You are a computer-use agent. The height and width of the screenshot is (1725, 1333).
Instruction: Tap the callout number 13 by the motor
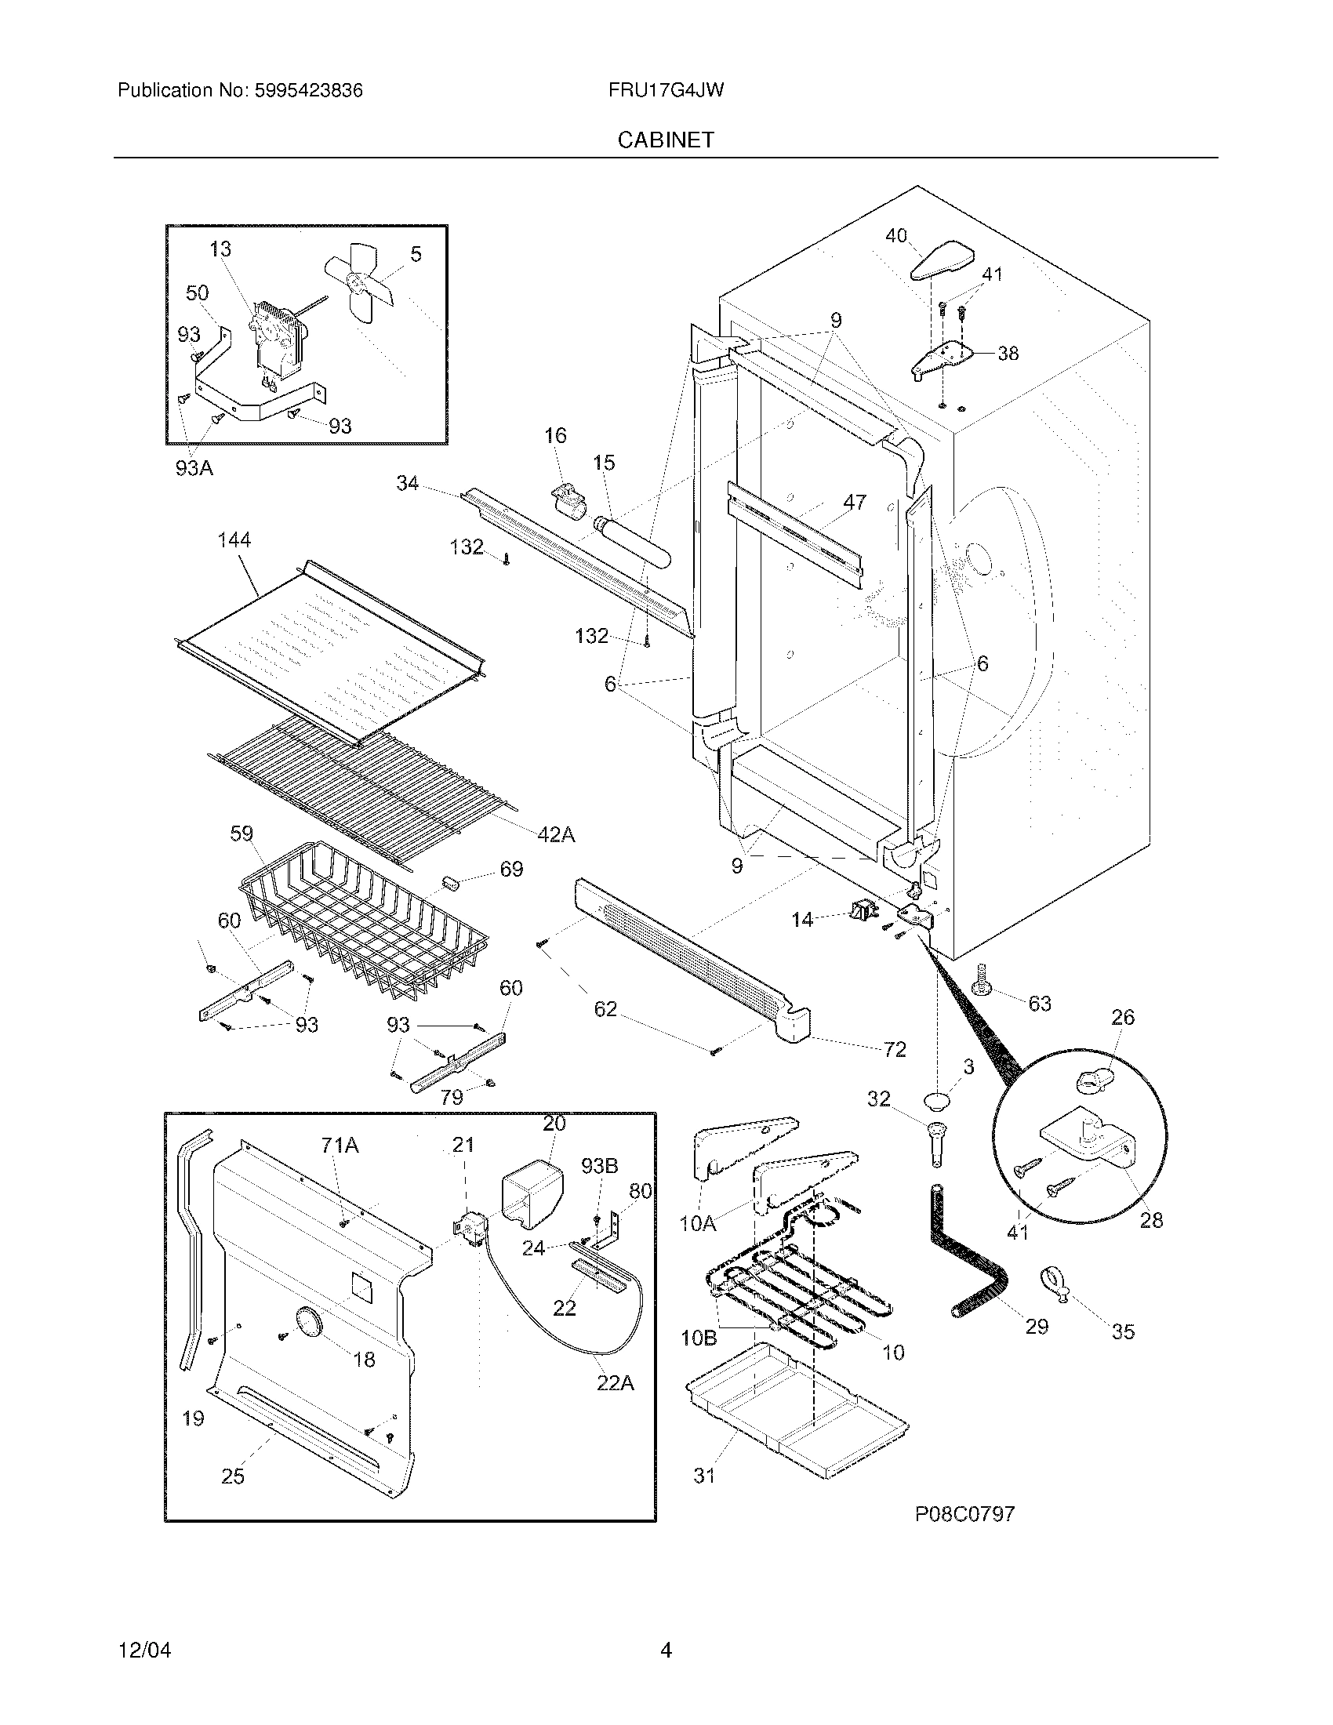[220, 249]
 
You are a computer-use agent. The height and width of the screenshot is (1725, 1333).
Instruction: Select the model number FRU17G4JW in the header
[666, 90]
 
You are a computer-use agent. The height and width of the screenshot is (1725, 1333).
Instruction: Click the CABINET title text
[666, 140]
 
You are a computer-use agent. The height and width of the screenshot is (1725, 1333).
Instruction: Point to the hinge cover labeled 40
[943, 261]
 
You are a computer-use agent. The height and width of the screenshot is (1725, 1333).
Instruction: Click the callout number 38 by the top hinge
[1008, 353]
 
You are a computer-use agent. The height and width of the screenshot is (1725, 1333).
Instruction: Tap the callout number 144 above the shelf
[234, 539]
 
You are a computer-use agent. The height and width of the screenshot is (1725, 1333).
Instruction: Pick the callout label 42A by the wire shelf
[555, 835]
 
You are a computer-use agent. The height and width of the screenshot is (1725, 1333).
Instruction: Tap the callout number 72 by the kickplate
[895, 1049]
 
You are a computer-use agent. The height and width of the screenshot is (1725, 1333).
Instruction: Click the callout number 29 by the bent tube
[1036, 1326]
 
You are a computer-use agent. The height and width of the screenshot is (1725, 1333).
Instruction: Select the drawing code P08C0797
[964, 1513]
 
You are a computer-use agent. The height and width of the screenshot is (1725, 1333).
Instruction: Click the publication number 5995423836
[309, 90]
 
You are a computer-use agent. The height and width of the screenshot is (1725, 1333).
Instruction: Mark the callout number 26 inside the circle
[1122, 1016]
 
